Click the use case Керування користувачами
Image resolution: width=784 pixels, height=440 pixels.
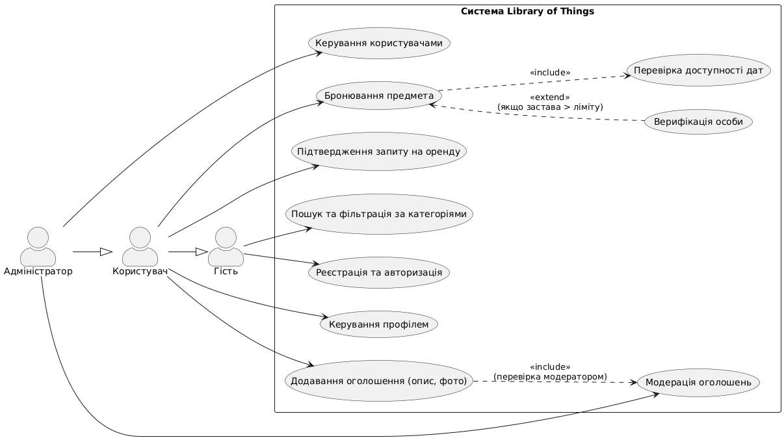(x=380, y=44)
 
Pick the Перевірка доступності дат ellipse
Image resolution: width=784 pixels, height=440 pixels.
(x=698, y=70)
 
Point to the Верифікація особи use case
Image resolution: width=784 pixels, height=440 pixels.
(x=698, y=122)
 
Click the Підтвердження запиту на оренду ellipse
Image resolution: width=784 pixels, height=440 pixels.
(x=379, y=152)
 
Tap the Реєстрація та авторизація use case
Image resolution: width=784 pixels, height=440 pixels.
(x=379, y=272)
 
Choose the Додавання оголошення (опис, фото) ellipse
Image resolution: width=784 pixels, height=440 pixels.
(x=379, y=380)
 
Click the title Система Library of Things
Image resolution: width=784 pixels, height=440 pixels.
(x=527, y=11)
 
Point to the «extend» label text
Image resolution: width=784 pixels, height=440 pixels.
(x=550, y=97)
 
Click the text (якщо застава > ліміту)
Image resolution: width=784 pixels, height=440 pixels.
(x=550, y=107)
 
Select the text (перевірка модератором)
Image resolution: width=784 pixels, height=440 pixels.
(x=550, y=376)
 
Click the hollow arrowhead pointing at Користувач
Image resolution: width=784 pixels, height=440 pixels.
(x=107, y=252)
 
